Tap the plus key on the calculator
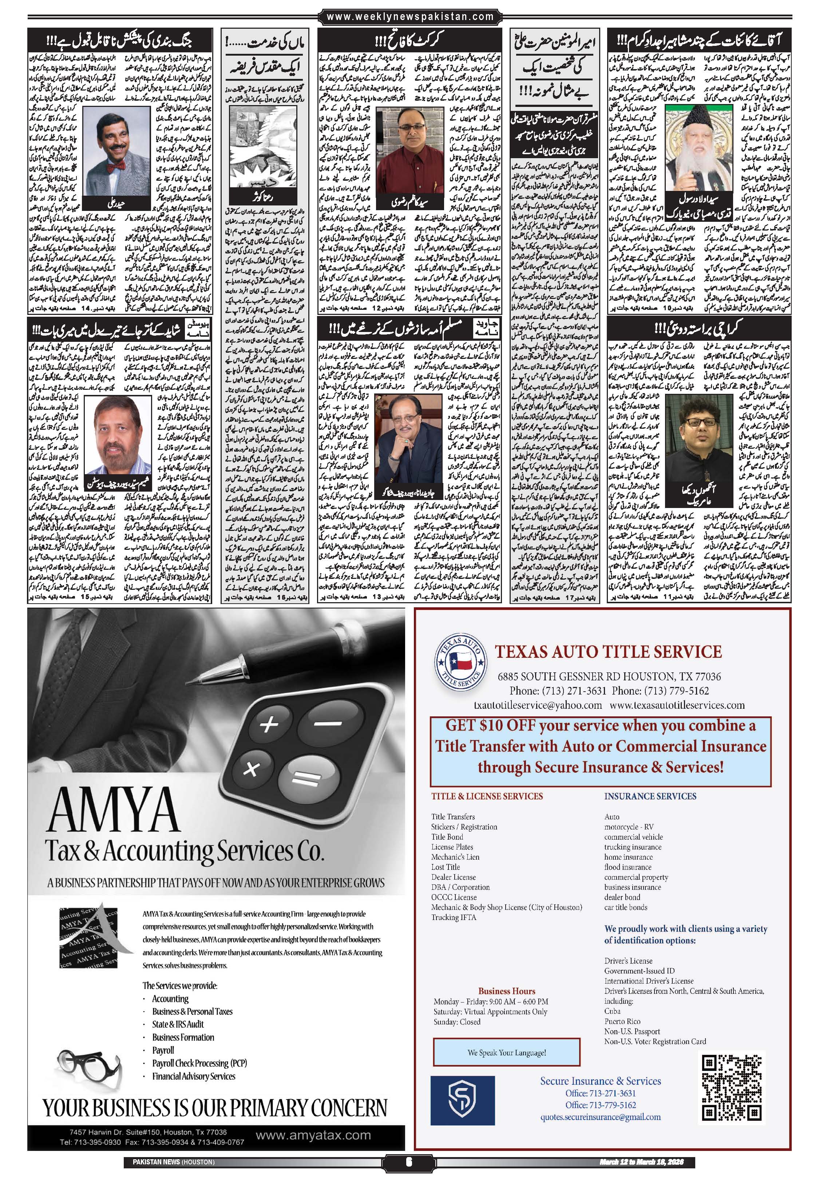tap(269, 724)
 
